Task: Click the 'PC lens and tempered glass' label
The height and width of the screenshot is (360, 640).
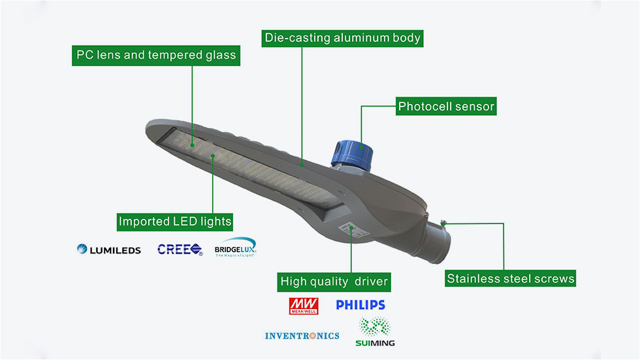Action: [156, 55]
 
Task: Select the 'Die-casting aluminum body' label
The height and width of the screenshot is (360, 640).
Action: [343, 38]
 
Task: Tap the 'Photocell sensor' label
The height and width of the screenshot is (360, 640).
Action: [447, 106]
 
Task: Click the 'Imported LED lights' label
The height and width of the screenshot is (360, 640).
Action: [175, 221]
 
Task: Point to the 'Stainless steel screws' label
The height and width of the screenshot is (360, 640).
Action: [511, 279]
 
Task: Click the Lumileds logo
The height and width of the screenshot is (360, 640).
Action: [109, 250]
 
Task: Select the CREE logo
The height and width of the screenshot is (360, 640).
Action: [180, 249]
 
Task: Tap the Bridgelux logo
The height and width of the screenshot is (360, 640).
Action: [236, 248]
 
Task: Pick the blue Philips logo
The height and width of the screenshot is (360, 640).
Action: [360, 305]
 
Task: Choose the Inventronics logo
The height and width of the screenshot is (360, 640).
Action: [302, 336]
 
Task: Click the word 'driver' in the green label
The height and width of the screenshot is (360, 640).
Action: [372, 282]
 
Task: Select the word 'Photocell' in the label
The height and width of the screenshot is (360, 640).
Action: [423, 106]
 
